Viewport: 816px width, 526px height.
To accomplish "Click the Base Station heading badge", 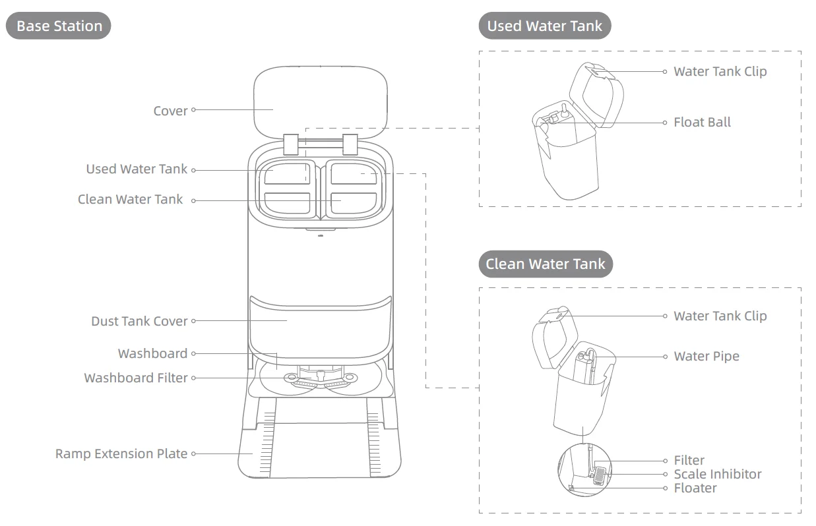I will point(59,26).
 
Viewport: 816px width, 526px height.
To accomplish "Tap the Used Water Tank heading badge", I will point(544,26).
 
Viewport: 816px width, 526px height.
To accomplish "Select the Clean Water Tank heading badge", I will point(545,264).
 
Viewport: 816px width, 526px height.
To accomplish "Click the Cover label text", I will point(170,111).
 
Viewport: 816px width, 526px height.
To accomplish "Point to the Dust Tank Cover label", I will point(139,321).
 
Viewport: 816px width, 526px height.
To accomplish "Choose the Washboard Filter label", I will point(136,378).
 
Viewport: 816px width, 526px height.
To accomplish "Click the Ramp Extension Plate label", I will point(121,453).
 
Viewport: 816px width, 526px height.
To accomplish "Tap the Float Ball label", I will point(702,122).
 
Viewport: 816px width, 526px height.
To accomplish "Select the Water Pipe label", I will point(706,356).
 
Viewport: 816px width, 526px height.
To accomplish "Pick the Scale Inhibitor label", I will point(717,474).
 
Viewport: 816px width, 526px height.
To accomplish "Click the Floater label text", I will point(695,488).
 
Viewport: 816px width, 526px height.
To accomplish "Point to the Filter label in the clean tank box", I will point(689,460).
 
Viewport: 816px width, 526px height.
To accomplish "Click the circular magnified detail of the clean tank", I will point(584,469).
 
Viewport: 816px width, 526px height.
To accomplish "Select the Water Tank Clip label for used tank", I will point(720,71).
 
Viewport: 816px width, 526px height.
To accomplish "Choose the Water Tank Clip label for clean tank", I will point(720,316).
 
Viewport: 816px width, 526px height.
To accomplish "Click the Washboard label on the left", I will point(152,353).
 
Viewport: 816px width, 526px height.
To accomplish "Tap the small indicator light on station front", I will point(321,233).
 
